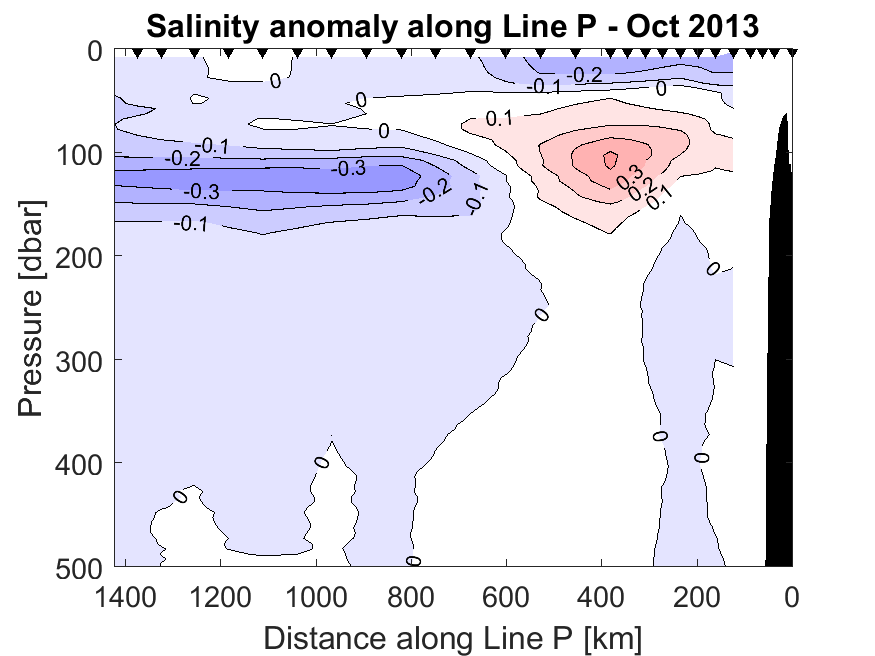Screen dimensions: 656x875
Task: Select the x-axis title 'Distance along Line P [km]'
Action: (452, 635)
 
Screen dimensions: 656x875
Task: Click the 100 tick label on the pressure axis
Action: (79, 154)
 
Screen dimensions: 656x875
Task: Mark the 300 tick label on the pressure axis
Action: (79, 359)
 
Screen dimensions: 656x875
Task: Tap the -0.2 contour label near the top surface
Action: (586, 75)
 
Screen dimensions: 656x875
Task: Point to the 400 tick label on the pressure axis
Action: (79, 462)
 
